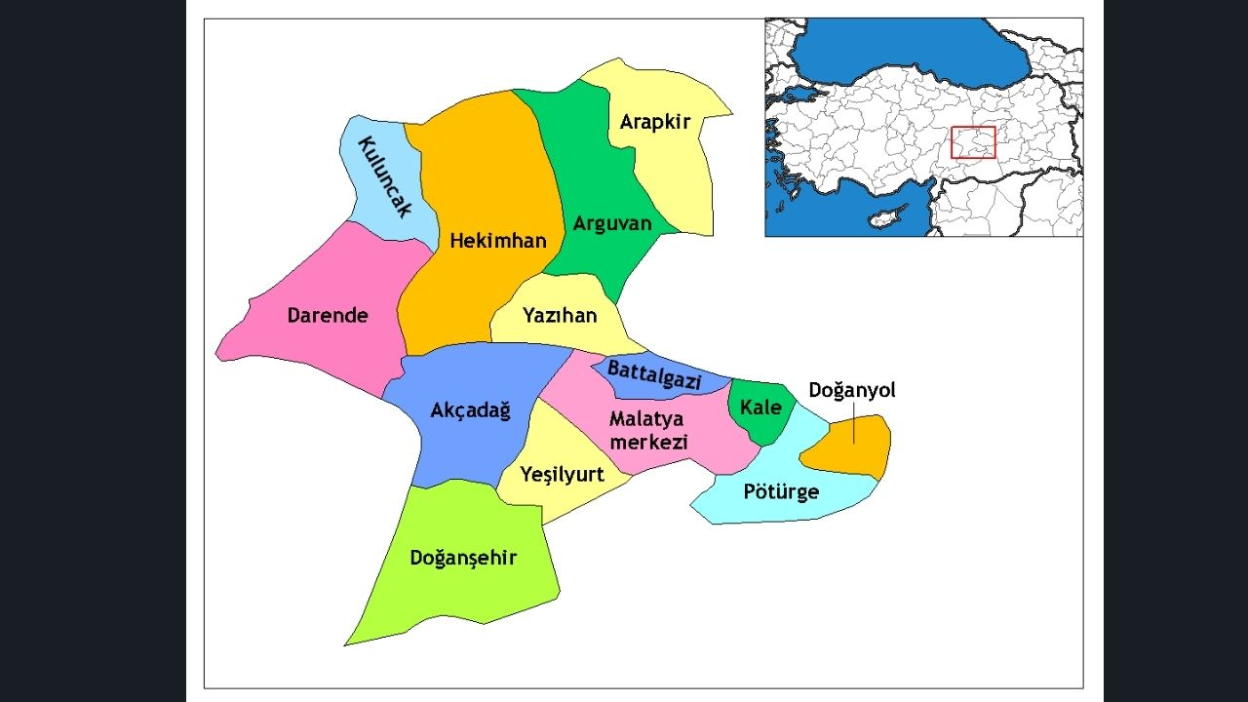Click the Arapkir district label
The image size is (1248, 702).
click(x=655, y=122)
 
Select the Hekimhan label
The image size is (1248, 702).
click(x=498, y=240)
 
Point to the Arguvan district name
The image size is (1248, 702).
click(x=612, y=223)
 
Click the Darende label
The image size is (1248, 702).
click(x=328, y=315)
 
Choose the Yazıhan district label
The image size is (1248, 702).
click(x=560, y=315)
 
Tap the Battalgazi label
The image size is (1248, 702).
click(x=654, y=374)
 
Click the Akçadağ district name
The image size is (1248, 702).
click(x=470, y=410)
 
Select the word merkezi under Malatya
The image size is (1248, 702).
click(x=648, y=442)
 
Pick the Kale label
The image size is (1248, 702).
click(x=760, y=407)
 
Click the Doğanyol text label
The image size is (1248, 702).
click(x=852, y=390)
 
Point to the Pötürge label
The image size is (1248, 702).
click(x=781, y=491)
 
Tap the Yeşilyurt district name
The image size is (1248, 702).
click(x=562, y=475)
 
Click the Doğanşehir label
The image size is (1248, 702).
click(x=463, y=559)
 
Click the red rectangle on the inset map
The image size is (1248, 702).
click(x=973, y=142)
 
